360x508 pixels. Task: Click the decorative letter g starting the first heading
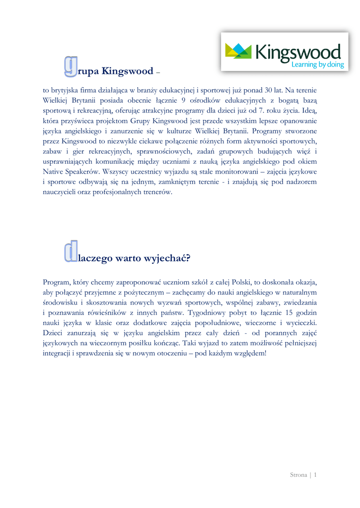71,67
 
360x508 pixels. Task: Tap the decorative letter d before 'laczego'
71,252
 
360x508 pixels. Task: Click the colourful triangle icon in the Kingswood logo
238,51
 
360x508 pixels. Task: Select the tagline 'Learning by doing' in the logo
317,64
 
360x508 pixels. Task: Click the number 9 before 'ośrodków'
183,100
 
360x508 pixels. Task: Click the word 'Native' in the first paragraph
54,172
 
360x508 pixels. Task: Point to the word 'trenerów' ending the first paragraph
156,192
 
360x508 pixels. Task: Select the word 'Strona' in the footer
298,475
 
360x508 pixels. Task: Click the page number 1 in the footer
315,475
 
